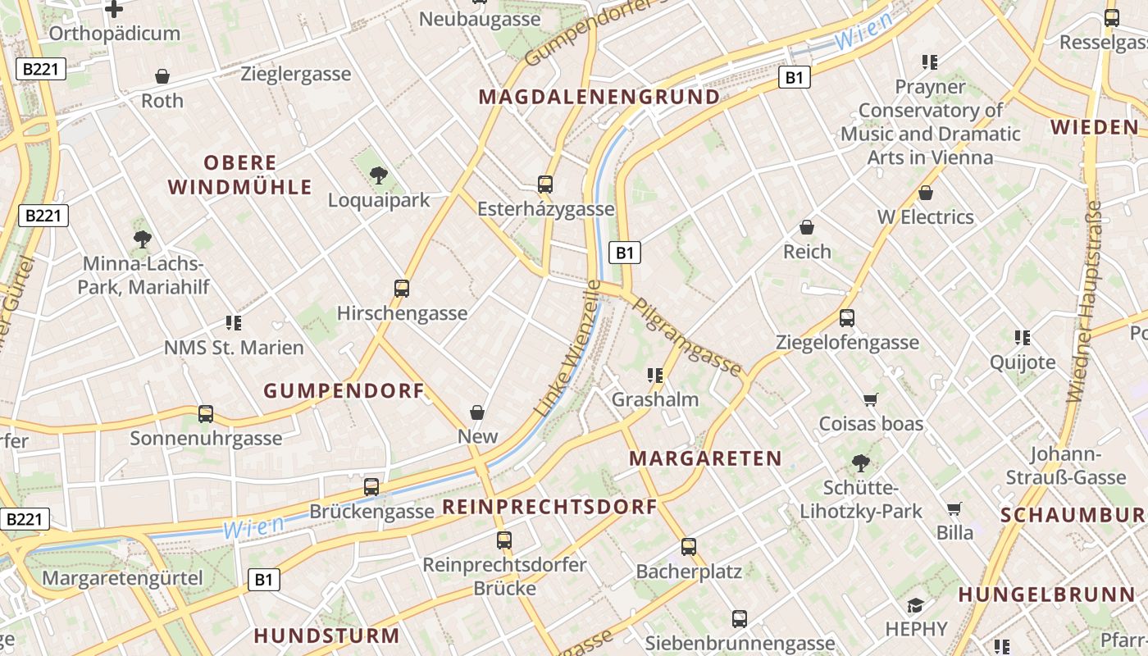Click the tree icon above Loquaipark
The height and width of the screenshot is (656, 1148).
[x=378, y=174]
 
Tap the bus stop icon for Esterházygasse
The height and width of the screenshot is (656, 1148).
[x=545, y=184]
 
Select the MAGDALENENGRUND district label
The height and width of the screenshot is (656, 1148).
[x=599, y=97]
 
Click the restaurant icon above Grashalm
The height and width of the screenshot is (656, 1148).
[x=654, y=376]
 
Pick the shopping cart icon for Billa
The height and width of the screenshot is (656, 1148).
[x=954, y=509]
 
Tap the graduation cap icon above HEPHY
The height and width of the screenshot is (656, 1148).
[x=915, y=605]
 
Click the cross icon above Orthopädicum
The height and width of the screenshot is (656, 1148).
[x=114, y=9]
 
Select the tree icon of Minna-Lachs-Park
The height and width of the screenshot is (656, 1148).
[x=143, y=239]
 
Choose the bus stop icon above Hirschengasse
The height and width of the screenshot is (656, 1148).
[x=402, y=289]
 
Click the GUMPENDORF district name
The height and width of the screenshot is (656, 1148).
[x=344, y=391]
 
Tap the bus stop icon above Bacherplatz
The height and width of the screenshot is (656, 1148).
[x=689, y=547]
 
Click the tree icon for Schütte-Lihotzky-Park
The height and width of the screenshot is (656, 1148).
[x=861, y=463]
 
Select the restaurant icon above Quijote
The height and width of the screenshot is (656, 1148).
[x=1022, y=337]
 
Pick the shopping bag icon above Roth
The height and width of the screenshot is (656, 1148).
[x=162, y=76]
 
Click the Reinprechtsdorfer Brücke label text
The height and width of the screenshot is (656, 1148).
[x=504, y=576]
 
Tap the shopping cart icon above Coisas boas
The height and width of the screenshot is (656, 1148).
[x=871, y=399]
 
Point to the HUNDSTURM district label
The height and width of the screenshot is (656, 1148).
[x=326, y=635]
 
